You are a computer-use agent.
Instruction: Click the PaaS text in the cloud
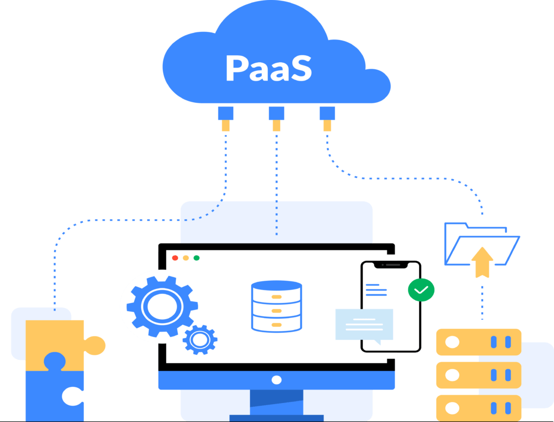pyautogui.click(x=268, y=69)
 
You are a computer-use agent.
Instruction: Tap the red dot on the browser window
pyautogui.click(x=175, y=258)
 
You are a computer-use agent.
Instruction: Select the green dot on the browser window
pyautogui.click(x=196, y=258)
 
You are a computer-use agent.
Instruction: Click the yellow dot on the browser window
pyautogui.click(x=186, y=258)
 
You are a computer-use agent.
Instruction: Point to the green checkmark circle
pyautogui.click(x=421, y=290)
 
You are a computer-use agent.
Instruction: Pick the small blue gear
pyautogui.click(x=200, y=340)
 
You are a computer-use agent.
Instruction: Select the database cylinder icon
pyautogui.click(x=276, y=306)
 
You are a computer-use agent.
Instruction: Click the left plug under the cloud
pyautogui.click(x=225, y=118)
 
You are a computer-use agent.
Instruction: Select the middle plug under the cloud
pyautogui.click(x=276, y=118)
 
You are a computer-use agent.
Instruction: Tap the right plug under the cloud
pyautogui.click(x=327, y=118)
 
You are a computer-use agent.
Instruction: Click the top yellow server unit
pyautogui.click(x=478, y=342)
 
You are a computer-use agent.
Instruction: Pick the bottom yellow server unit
pyautogui.click(x=478, y=407)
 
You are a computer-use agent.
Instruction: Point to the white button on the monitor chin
pyautogui.click(x=276, y=380)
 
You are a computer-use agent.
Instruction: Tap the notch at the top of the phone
pyautogui.click(x=390, y=265)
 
